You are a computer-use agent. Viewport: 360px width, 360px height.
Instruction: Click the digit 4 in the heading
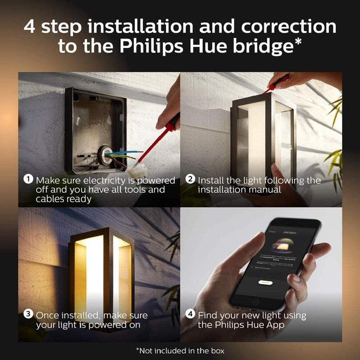30,27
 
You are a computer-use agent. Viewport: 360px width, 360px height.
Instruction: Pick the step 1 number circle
29,180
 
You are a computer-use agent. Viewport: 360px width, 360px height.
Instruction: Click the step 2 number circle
191,180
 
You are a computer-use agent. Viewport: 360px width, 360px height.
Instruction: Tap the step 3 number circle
29,314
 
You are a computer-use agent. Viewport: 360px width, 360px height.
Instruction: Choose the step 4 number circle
191,314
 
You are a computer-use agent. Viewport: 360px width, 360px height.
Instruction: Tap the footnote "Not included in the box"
179,350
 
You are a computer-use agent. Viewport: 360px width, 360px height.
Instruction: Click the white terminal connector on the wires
138,170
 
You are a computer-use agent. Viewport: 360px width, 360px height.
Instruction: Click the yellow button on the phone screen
264,282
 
